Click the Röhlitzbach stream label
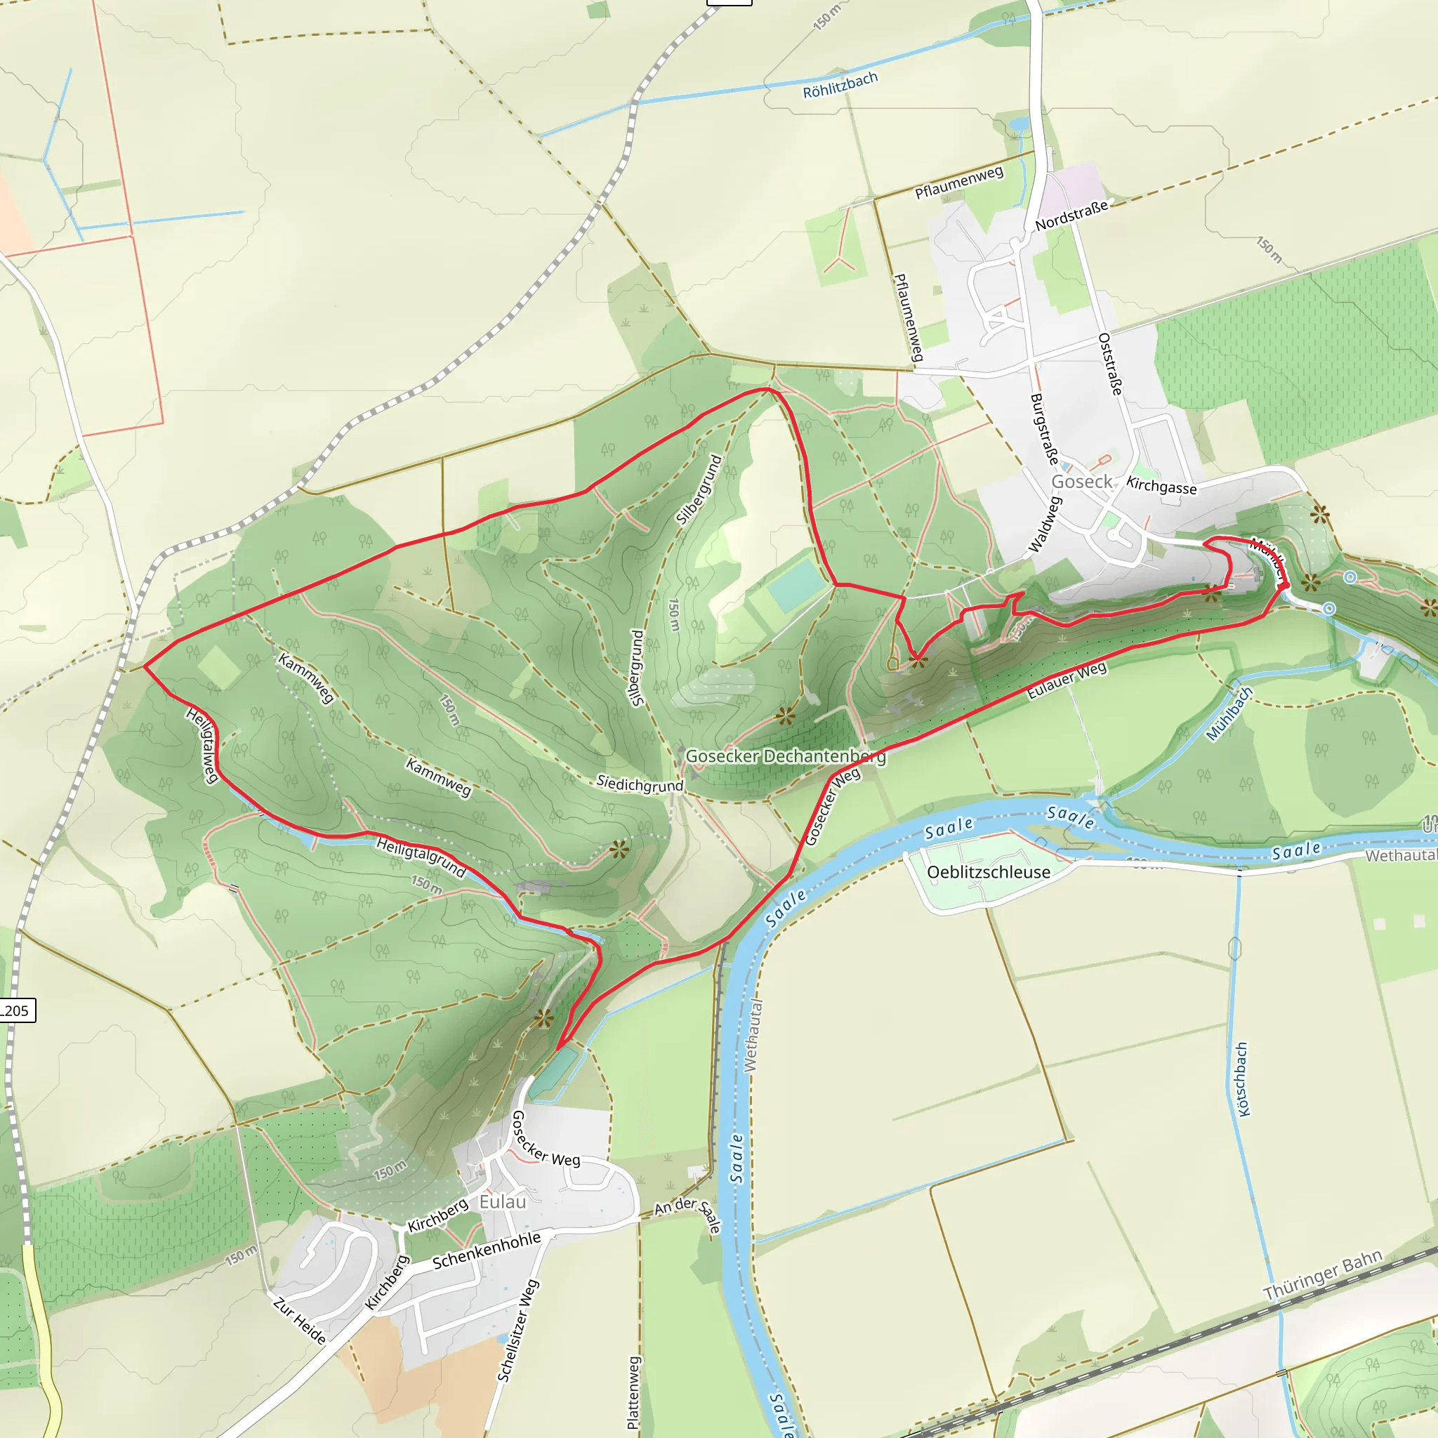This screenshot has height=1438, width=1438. [840, 85]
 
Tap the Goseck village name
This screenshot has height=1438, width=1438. [1081, 482]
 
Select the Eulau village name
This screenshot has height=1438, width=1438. [503, 1201]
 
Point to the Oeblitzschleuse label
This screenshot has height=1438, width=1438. [989, 872]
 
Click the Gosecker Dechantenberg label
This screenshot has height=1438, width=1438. [785, 756]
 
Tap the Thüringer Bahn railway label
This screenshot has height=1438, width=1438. [1323, 1275]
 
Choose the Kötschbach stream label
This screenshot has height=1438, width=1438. [1241, 1079]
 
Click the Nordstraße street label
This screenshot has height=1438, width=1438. [1071, 214]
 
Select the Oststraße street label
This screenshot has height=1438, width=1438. [1111, 364]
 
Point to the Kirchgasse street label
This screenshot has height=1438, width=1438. [1161, 485]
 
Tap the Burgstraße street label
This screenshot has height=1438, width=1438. [1044, 429]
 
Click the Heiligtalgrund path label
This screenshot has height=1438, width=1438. [421, 857]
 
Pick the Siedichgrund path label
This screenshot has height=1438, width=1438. [640, 784]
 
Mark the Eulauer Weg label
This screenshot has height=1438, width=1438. [1067, 680]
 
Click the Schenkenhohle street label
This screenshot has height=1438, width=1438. [486, 1251]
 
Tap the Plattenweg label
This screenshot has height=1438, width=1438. [633, 1392]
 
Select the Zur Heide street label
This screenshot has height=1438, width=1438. [299, 1321]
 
